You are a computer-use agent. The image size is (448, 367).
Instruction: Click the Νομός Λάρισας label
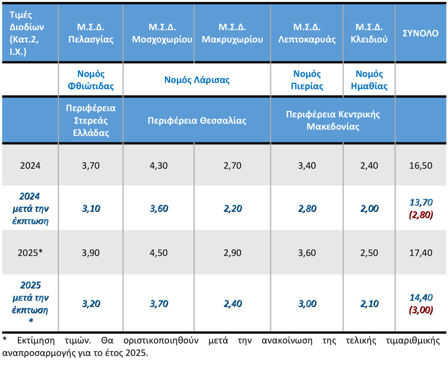[x=197, y=79]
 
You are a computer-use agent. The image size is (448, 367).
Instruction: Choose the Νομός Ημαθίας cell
[x=369, y=79]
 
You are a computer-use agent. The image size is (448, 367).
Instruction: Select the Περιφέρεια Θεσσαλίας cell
[x=197, y=121]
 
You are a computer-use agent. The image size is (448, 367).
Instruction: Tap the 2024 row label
[x=30, y=165]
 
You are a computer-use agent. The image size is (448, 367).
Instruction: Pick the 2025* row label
[x=30, y=253]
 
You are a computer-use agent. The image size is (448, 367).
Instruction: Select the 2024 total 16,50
[x=420, y=165]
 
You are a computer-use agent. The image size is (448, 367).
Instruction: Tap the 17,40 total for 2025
[x=420, y=253]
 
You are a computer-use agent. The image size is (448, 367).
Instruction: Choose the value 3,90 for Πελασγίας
[x=91, y=253]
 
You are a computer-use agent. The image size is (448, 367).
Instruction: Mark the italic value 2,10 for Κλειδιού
[x=369, y=304]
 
